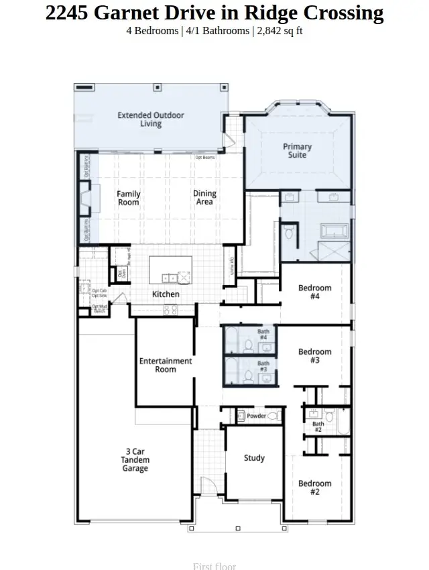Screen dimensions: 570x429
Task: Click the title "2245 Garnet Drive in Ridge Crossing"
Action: tap(214, 13)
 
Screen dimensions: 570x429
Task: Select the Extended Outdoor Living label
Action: tap(151, 119)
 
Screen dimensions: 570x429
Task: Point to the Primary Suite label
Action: tap(297, 150)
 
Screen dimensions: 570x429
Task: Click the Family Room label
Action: tap(129, 198)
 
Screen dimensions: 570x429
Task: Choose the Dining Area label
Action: tap(204, 198)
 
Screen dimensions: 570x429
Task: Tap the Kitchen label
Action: tap(166, 294)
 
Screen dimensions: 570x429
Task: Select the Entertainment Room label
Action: tap(166, 365)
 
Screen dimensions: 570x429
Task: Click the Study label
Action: tap(254, 458)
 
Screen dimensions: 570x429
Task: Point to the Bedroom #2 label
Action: tap(315, 488)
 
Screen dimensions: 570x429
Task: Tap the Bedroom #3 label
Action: tap(315, 355)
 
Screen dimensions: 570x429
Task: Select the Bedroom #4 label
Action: tap(315, 292)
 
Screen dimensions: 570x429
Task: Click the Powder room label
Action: tap(256, 416)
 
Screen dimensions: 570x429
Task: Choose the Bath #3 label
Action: tap(263, 366)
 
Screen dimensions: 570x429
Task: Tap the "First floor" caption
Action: tap(214, 566)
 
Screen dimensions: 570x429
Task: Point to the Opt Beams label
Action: tap(205, 158)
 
